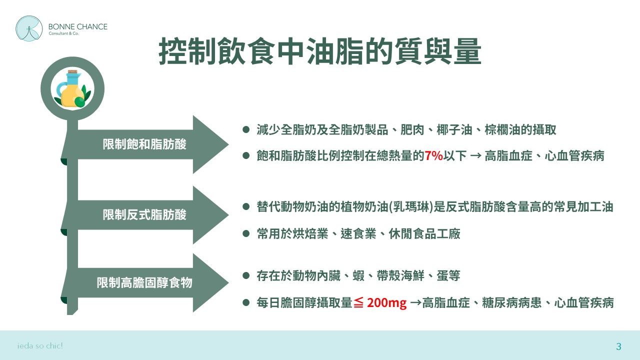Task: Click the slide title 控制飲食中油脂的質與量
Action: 320,51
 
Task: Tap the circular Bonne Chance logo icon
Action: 29,28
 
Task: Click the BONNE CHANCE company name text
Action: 78,26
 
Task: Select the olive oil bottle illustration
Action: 72,88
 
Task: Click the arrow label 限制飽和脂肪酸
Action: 144,144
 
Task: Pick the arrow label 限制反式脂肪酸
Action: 144,214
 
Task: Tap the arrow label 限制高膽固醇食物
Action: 144,282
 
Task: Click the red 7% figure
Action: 433,156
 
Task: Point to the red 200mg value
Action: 386,302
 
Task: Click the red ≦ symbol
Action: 358,302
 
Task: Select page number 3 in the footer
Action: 618,346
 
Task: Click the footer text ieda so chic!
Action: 40,346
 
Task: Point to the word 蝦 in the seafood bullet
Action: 358,275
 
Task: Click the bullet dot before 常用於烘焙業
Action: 246,233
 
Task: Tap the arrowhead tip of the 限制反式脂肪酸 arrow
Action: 228,215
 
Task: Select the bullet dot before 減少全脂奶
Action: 246,129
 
